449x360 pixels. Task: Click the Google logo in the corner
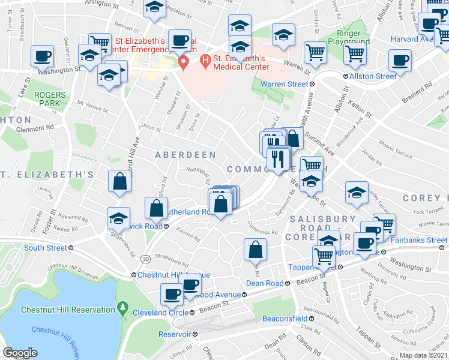pos(20,353)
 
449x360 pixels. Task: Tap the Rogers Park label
pos(49,99)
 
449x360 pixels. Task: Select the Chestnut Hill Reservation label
pos(68,310)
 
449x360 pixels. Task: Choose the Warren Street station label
pos(284,85)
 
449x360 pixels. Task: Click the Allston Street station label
pos(373,76)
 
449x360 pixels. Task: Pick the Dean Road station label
pos(267,283)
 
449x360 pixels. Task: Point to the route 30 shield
pos(146,258)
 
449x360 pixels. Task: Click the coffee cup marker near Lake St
pos(42,56)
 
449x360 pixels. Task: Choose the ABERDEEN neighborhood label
pos(185,155)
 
